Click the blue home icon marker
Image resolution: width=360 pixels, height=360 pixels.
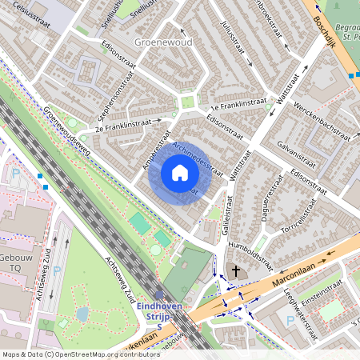click(x=179, y=173)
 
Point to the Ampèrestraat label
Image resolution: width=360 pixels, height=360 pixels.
click(x=158, y=146)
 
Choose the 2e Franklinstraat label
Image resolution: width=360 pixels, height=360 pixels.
click(x=122, y=124)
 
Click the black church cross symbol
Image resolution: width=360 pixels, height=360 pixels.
click(x=235, y=272)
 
